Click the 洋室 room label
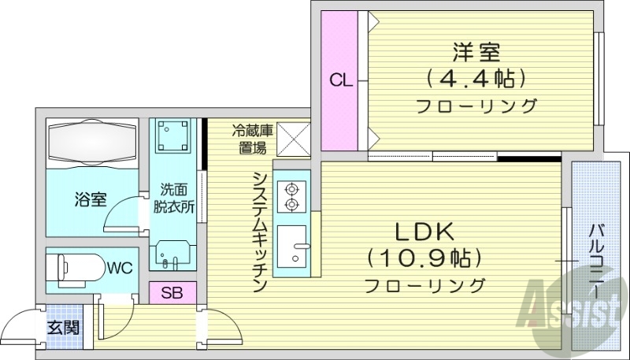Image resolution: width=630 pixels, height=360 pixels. [x=476, y=54]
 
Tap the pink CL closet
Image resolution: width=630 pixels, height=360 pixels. [x=340, y=80]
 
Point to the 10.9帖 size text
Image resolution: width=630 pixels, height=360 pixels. [x=424, y=258]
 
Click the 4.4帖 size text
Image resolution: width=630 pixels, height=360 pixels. [x=476, y=79]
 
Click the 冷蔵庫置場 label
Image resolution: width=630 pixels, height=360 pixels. [x=253, y=139]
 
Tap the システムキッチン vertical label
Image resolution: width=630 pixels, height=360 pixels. [x=258, y=233]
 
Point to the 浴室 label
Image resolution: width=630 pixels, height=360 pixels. [x=91, y=199]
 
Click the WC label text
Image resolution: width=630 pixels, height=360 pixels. [x=120, y=268]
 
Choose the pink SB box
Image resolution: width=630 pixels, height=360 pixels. [x=172, y=292]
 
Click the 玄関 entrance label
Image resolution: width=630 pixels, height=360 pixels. [x=63, y=326]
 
